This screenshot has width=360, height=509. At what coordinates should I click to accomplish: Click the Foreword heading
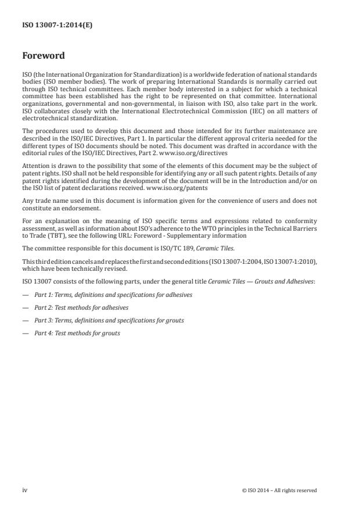click(x=44, y=57)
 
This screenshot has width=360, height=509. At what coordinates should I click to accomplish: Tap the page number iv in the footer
click(x=25, y=490)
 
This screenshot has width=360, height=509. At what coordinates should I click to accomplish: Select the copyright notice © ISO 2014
click(x=279, y=490)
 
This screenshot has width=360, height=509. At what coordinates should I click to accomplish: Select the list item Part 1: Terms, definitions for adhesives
click(x=113, y=295)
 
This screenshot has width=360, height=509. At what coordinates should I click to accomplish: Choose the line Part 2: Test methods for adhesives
click(x=81, y=307)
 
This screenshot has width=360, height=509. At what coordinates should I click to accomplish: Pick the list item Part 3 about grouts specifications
click(x=109, y=320)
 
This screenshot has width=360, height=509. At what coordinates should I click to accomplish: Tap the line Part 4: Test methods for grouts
click(x=77, y=333)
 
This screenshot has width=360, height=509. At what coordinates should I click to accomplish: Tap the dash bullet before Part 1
click(x=25, y=295)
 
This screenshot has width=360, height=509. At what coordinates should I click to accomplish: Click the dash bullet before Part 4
click(x=25, y=333)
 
